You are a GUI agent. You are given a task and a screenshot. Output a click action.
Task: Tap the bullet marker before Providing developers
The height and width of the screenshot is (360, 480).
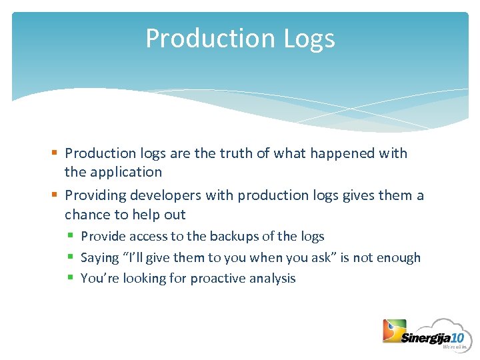(x=57, y=196)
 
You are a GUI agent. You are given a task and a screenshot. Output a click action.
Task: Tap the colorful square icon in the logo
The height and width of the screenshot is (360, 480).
(x=393, y=331)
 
